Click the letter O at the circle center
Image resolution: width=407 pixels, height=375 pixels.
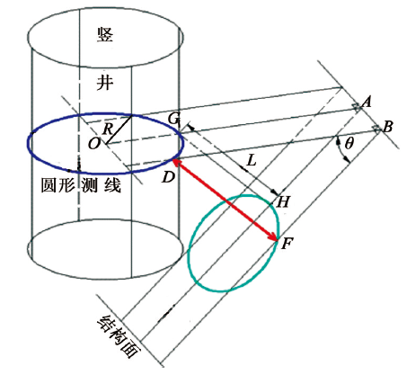94,144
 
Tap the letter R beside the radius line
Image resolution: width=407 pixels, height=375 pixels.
108,129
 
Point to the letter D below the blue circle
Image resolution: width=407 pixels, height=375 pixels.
168,177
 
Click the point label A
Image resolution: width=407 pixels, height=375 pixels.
367,102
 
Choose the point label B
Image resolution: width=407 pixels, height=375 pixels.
388,127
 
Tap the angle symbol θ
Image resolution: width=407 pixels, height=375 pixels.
349,144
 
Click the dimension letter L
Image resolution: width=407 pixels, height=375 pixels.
252,161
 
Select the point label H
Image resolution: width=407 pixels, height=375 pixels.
283,202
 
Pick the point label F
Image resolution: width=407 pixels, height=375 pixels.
287,244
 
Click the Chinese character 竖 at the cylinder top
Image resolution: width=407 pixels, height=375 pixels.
105,34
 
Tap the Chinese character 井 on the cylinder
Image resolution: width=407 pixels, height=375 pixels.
105,83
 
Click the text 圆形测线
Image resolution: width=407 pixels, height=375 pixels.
81,185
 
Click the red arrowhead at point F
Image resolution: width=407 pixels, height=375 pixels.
273,237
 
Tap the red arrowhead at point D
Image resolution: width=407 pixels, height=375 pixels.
177,162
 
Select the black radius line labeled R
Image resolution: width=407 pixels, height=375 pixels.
119,129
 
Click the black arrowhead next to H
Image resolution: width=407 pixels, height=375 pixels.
275,192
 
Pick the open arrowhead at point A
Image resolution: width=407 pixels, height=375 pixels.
357,107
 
